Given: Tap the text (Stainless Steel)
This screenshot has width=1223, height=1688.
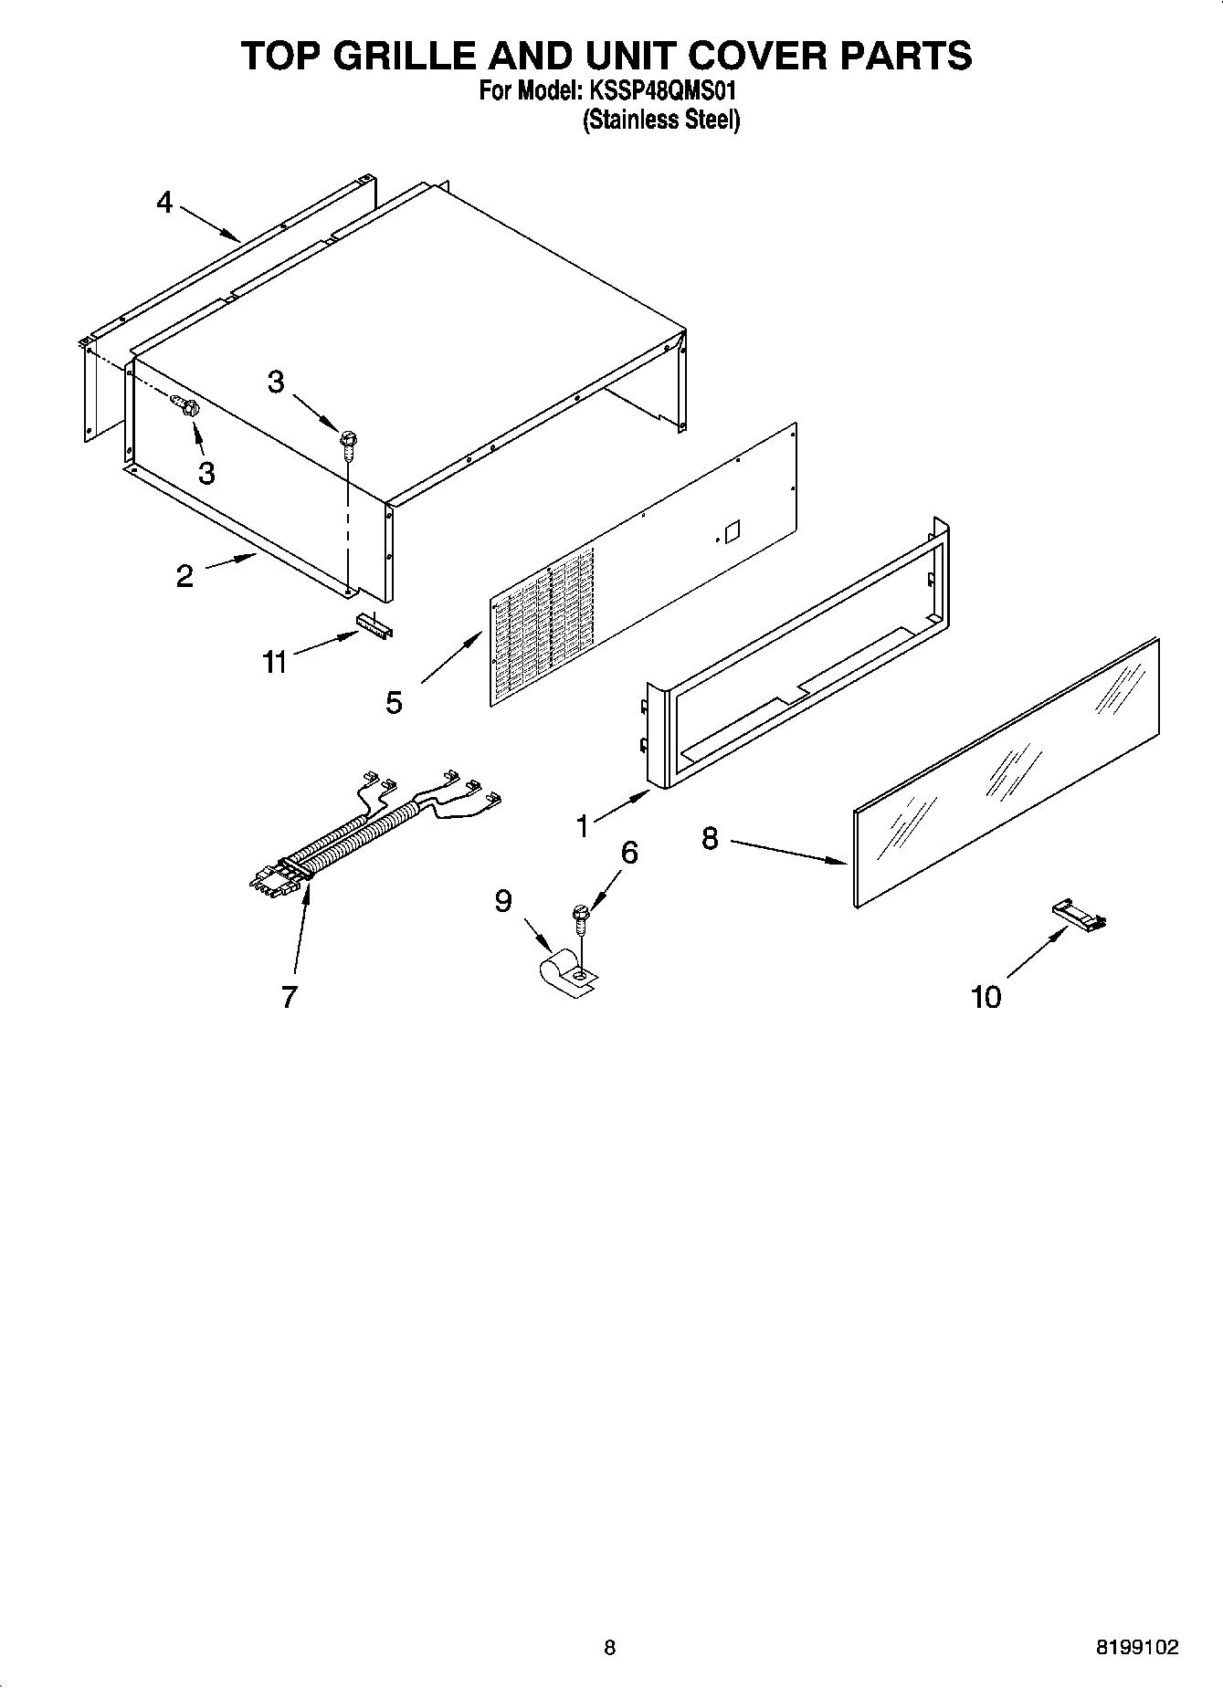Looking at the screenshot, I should point(661,120).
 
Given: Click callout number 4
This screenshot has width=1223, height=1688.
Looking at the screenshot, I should point(164,202).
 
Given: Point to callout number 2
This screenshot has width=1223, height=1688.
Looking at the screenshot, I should point(185,576).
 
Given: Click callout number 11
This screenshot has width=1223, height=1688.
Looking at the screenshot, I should point(274,662).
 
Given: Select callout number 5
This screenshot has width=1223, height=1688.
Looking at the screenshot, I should point(394,702).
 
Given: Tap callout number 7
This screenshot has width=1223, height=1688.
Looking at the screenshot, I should point(289,997).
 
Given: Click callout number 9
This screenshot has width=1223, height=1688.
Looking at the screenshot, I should point(503,901).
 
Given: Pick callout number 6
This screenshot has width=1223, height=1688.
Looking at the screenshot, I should point(628,853).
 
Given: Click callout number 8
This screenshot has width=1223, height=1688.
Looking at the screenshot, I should point(710,838).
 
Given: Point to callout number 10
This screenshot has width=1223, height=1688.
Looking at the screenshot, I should point(986,997).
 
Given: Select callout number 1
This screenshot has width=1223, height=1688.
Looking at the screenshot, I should point(583,826).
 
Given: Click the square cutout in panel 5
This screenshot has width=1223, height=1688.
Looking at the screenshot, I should point(730,529).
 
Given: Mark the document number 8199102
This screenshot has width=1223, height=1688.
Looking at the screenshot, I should point(1136,1648).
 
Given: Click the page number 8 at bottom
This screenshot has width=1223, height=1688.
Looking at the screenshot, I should point(609,1648).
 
